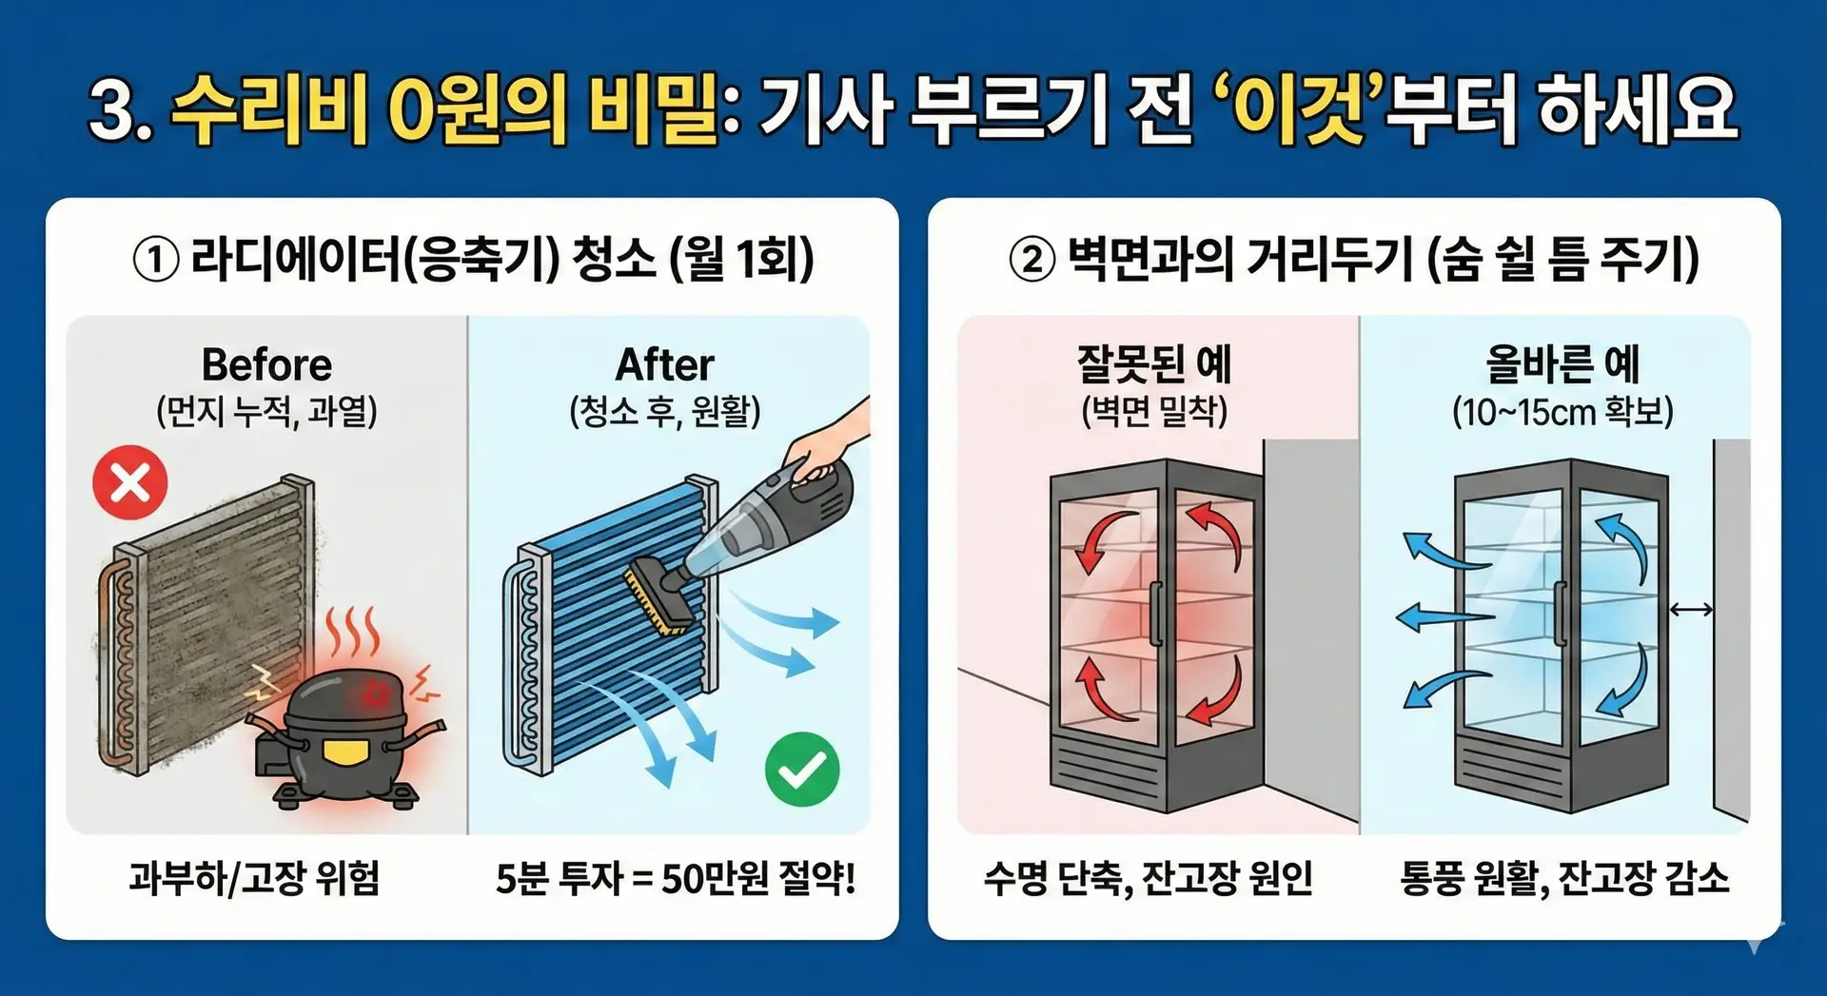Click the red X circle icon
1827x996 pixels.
click(x=130, y=482)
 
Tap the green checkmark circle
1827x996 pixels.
click(x=802, y=769)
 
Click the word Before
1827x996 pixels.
click(x=266, y=364)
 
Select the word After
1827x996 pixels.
click(x=665, y=364)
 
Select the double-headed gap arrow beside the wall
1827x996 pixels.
click(x=1691, y=610)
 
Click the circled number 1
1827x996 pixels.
click(x=156, y=260)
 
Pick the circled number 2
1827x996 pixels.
click(x=1032, y=260)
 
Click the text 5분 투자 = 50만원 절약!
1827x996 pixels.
click(x=676, y=878)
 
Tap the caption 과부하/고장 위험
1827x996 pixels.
click(x=255, y=878)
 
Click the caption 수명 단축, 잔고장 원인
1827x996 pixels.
click(x=1149, y=878)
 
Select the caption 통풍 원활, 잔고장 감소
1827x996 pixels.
click(x=1564, y=878)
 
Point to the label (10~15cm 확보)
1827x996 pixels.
click(x=1562, y=412)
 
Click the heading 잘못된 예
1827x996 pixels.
click(x=1154, y=363)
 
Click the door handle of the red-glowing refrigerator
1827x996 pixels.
click(x=1155, y=614)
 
